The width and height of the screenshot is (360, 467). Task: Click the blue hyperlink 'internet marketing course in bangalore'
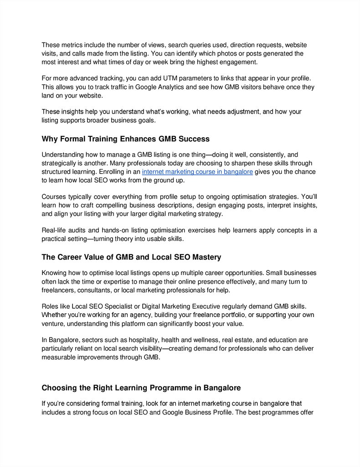point(197,172)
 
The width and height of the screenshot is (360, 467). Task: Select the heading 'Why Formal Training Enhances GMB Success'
point(125,139)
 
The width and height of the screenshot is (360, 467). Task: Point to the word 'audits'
point(79,230)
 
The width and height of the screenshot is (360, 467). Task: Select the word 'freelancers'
point(58,290)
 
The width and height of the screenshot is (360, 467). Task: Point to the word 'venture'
point(52,323)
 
